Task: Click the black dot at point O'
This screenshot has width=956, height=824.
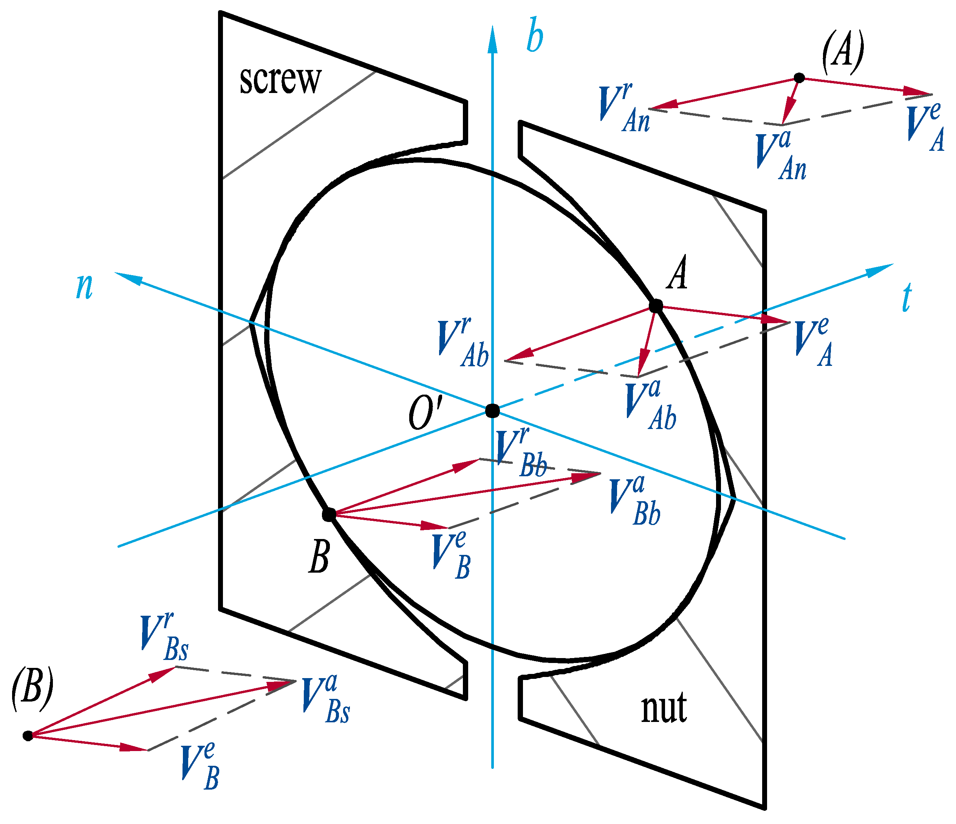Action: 493,410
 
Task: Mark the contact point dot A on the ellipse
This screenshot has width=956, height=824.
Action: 656,305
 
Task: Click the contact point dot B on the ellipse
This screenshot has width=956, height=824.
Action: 329,514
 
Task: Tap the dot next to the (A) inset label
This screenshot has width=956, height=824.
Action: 799,78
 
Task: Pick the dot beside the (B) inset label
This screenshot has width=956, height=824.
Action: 28,736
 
